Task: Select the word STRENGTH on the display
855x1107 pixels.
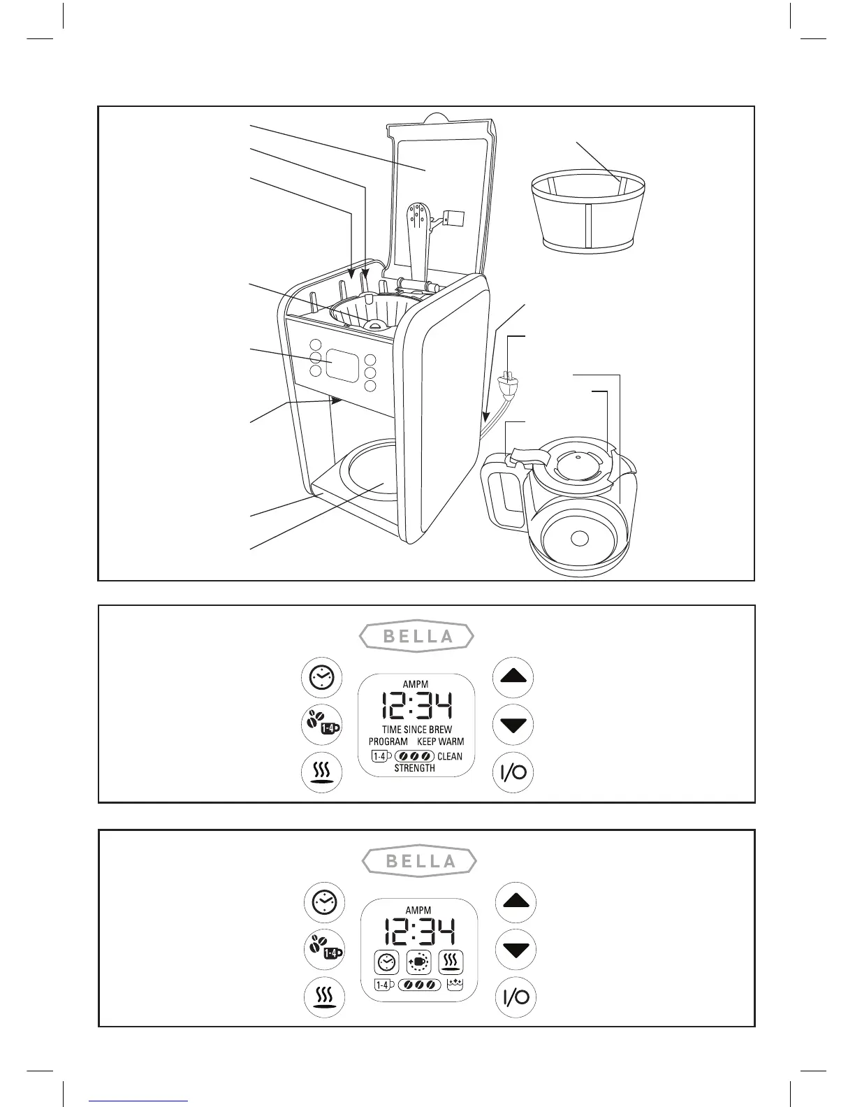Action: [x=415, y=768]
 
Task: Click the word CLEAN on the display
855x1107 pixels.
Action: [x=450, y=756]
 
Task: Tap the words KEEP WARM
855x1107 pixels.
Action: [x=440, y=741]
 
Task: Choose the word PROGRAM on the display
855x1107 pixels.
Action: [x=388, y=741]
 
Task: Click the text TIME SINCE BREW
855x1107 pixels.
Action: [x=417, y=730]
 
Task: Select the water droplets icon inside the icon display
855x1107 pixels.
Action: [x=455, y=985]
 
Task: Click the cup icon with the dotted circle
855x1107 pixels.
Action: [x=419, y=962]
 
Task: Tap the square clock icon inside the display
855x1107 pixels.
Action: [x=386, y=963]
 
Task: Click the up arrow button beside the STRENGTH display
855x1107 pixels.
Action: [x=513, y=677]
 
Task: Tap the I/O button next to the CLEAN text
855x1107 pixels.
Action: [x=513, y=772]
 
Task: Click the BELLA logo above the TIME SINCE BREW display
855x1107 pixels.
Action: [x=417, y=637]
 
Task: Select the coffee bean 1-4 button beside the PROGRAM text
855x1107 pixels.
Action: [x=321, y=725]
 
